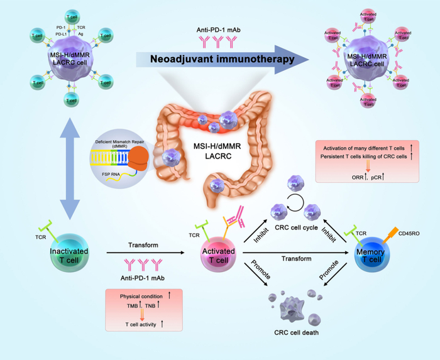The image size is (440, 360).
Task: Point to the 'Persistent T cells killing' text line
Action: click(x=358, y=156)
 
